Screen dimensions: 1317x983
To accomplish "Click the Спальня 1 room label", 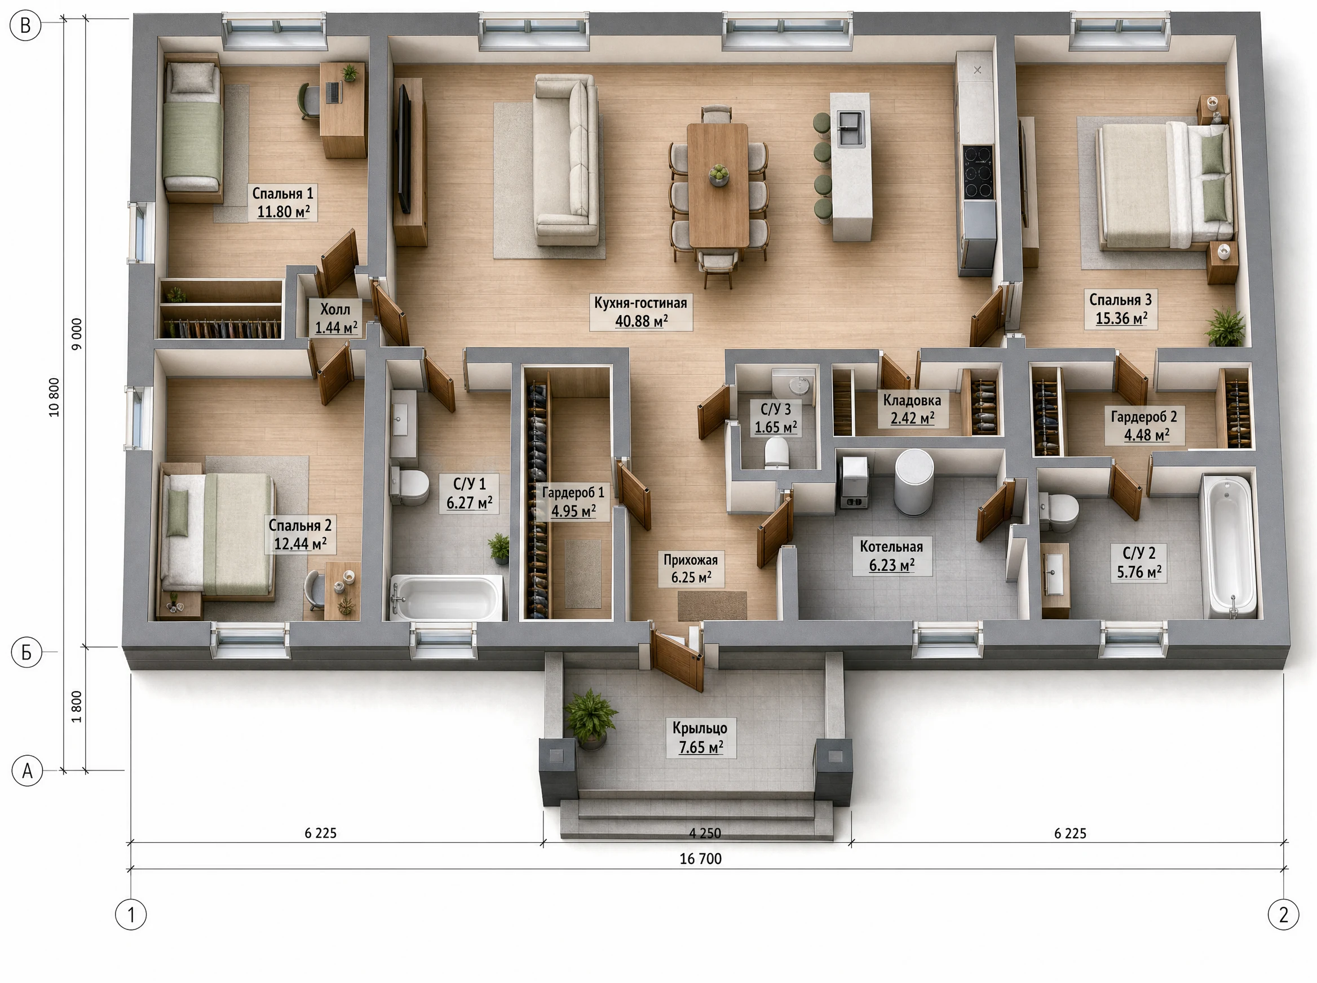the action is (x=282, y=193).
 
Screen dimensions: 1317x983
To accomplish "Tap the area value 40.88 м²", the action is (x=641, y=321).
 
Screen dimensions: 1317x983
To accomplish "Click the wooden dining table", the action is (x=718, y=184).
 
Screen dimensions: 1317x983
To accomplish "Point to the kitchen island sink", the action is (x=850, y=129).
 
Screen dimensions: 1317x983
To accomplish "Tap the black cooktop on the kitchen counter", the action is (x=978, y=172).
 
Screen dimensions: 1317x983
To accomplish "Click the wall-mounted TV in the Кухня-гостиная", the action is (x=404, y=149).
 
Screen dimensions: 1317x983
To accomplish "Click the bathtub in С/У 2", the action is (x=1228, y=546).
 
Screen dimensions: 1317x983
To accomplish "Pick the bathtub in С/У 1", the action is (x=447, y=597).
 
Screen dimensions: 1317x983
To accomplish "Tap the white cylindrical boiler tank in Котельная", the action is (x=913, y=481).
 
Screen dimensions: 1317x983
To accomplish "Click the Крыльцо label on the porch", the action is (x=700, y=728).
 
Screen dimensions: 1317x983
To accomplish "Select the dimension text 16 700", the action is (x=700, y=858).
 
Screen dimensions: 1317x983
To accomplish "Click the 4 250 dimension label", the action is (x=705, y=833).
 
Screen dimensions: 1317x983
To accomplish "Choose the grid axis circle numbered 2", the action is (x=1284, y=915).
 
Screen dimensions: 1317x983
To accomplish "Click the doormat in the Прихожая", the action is (x=713, y=606).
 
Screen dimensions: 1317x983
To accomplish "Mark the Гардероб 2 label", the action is (x=1144, y=417).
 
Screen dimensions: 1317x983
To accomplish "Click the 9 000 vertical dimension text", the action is (x=77, y=334).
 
